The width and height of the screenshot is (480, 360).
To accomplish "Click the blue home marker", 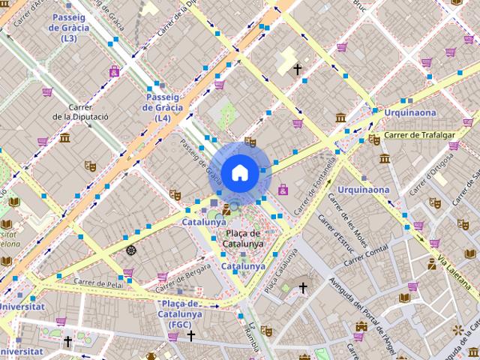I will pos(238,172).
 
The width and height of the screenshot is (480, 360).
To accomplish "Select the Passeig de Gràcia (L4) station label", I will pos(163,107).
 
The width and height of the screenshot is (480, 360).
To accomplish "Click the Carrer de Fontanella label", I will pos(316,184).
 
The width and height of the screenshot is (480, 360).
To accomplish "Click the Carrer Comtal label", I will pos(367,253).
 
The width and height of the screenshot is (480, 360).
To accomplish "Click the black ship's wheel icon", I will pos(132,250).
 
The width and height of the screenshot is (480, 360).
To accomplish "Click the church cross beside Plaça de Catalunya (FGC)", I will pos(192,335).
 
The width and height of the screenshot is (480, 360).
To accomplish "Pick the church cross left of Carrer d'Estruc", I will pos(303,287).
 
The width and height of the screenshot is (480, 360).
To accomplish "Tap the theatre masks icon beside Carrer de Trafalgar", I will pos(373,139).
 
